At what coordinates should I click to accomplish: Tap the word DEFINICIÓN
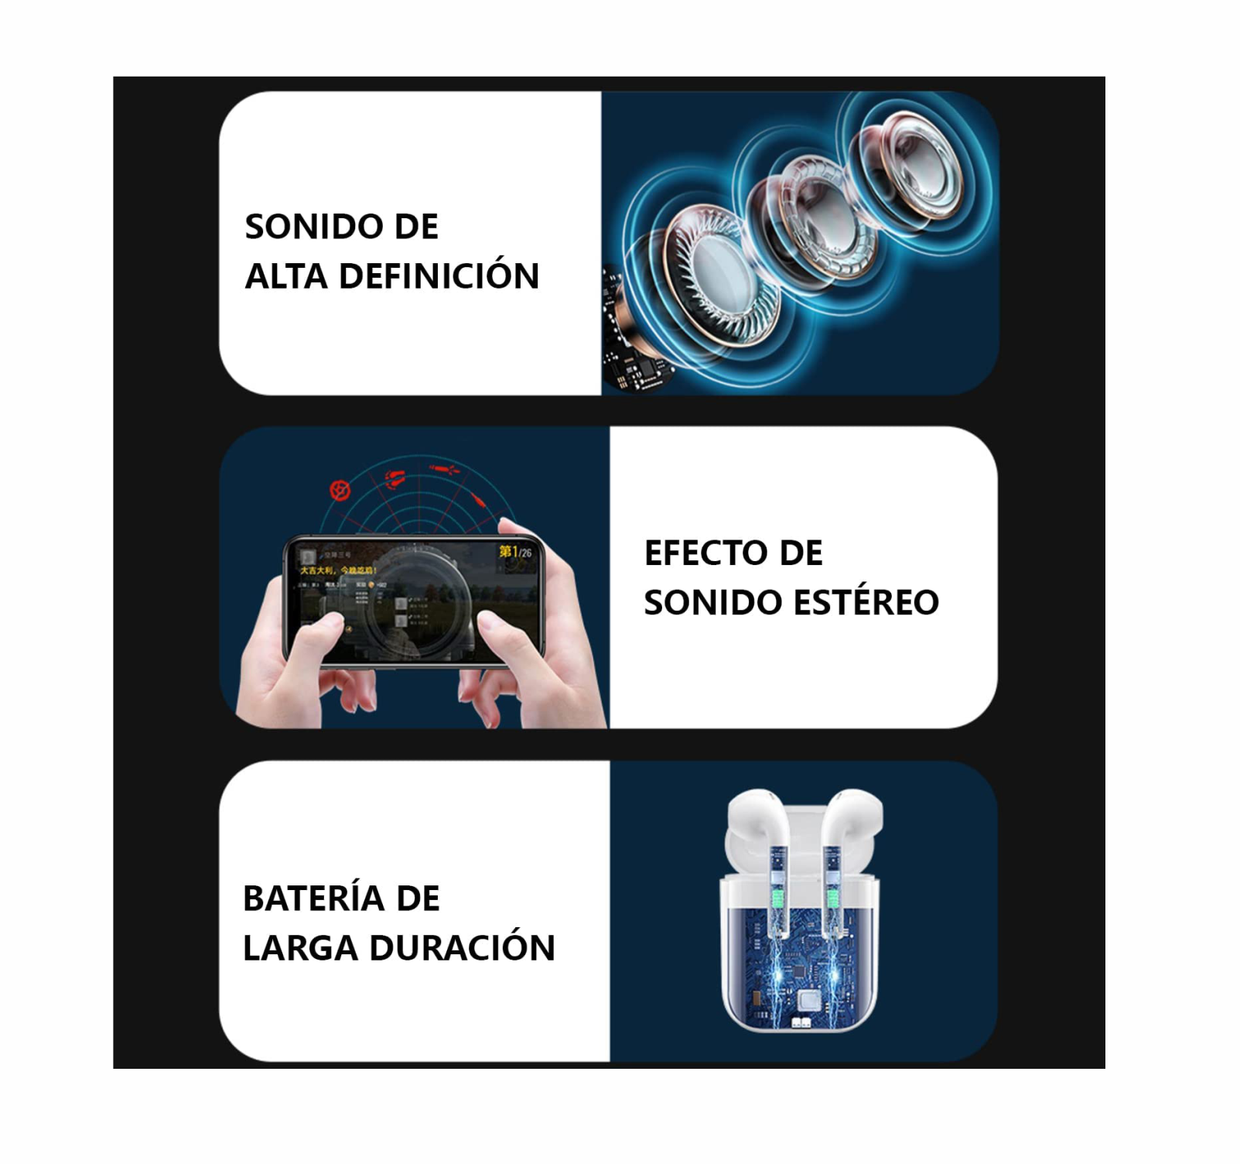439,276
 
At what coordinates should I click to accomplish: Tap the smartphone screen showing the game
414,600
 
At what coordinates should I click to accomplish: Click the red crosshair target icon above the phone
340,490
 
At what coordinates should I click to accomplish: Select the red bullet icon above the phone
443,469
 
